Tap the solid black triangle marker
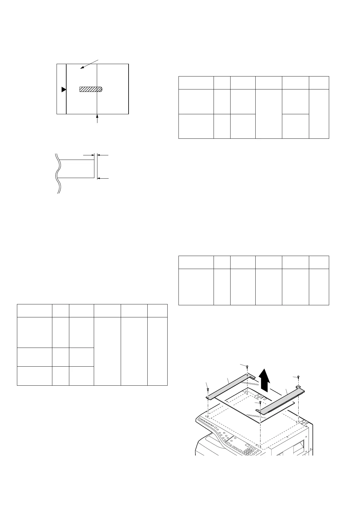pos(64,89)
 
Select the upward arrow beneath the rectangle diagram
pos(97,118)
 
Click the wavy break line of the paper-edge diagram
pos(57,173)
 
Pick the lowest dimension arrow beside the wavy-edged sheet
pos(103,178)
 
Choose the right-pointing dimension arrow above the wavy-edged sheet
pos(88,155)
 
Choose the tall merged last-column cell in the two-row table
pos(319,114)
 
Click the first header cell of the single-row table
pos(196,262)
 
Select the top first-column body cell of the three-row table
pos(34,332)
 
